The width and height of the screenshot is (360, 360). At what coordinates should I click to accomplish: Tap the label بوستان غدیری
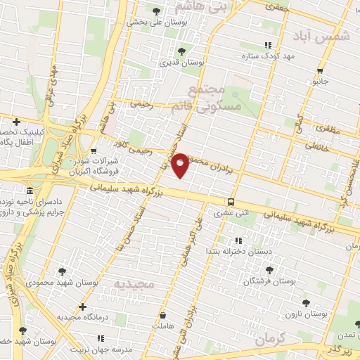point(204,63)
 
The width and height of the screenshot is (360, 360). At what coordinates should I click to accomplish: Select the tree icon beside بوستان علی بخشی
point(156,11)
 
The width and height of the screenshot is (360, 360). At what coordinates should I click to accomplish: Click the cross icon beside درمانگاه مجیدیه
point(83,307)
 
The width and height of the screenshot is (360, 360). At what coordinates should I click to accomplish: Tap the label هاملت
point(163,326)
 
